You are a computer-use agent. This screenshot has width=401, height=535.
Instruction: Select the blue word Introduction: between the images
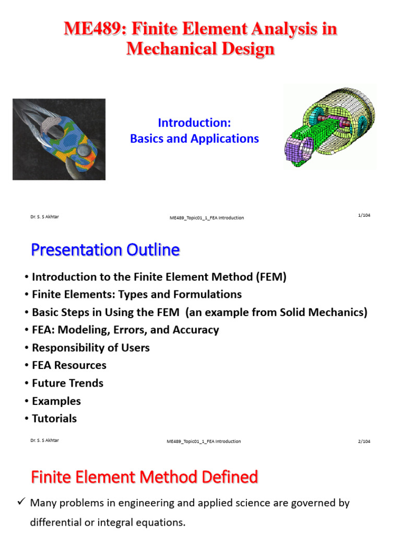[x=194, y=123]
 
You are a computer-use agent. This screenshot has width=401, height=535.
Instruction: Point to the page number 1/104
[x=364, y=215]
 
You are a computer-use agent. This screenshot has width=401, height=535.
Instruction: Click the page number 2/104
[x=364, y=441]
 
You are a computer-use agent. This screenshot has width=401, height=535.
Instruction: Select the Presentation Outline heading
[x=105, y=250]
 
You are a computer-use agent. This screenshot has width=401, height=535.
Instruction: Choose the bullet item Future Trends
[x=67, y=383]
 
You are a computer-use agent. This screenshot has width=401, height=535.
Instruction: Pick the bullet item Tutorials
[x=54, y=418]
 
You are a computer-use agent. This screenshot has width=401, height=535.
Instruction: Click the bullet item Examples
[x=56, y=401]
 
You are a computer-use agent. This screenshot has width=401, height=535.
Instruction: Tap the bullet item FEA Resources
[x=69, y=365]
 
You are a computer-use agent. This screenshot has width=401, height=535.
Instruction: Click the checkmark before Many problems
[x=21, y=502]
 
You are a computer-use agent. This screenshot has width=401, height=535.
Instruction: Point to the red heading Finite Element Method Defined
[x=144, y=477]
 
